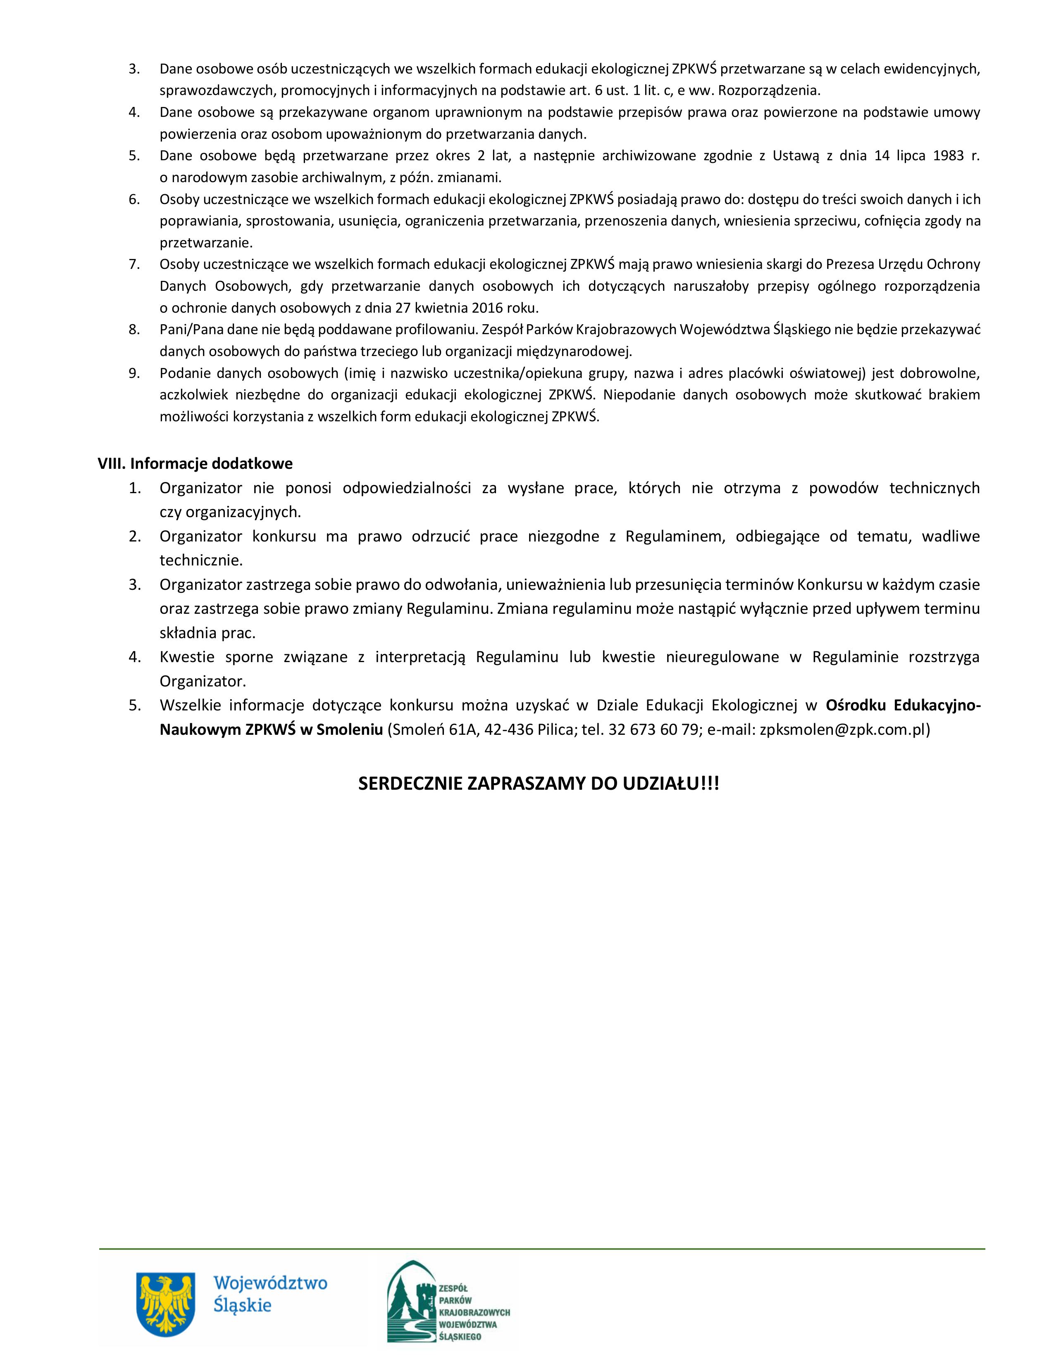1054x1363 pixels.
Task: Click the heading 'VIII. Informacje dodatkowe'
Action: point(195,464)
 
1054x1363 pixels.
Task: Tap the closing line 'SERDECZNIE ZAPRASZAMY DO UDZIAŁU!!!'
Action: point(538,784)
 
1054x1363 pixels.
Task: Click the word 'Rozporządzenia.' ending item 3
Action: point(769,90)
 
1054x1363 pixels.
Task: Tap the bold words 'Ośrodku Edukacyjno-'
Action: point(903,705)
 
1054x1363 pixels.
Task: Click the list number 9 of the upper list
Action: point(134,373)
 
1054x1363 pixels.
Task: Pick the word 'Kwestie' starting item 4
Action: point(187,657)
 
